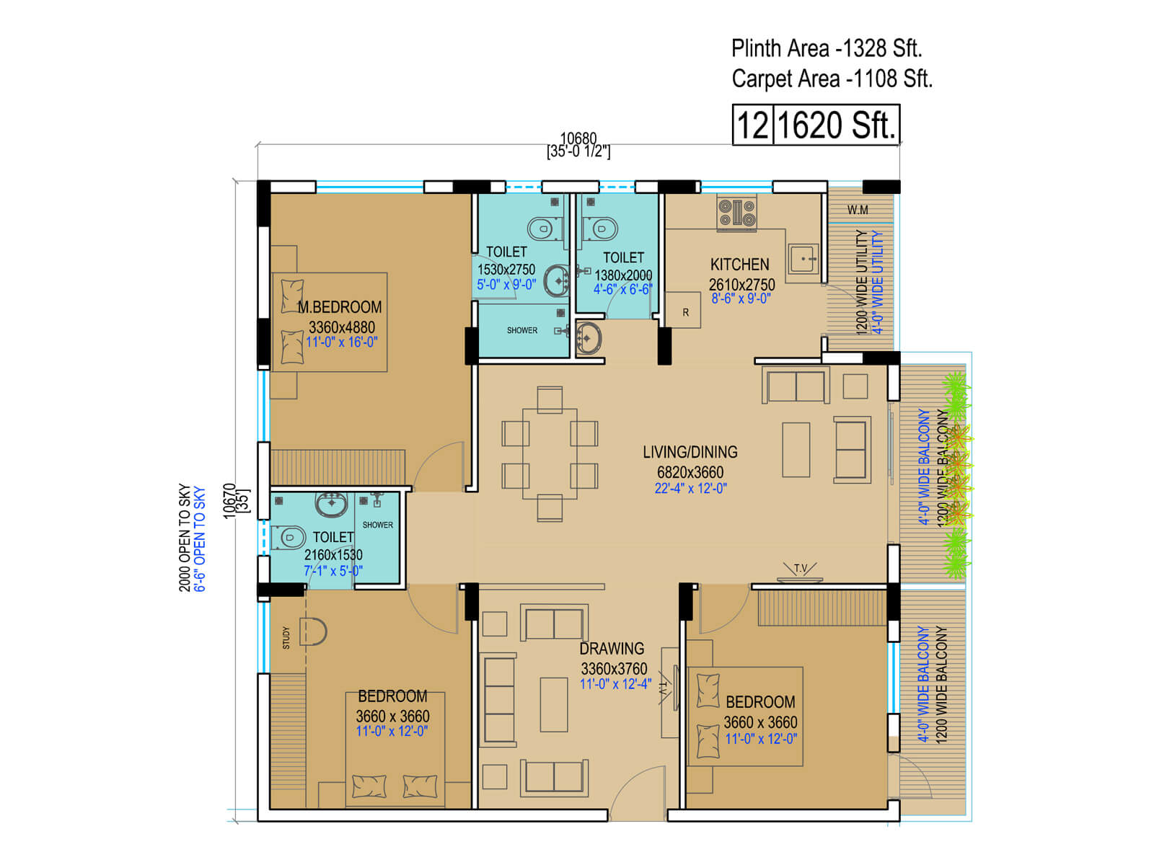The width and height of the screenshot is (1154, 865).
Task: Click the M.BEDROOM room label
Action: [340, 307]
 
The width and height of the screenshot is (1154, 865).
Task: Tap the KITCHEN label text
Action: [739, 265]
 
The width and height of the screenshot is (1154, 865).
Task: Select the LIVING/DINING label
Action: [690, 452]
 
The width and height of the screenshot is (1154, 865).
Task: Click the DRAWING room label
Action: [612, 649]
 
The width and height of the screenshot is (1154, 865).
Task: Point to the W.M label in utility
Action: [858, 210]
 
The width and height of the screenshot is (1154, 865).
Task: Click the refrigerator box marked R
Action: [685, 312]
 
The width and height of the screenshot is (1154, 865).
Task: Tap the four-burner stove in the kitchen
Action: [736, 213]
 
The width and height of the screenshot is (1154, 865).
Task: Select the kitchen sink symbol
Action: [803, 258]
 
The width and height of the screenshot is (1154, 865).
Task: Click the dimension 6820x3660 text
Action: [690, 472]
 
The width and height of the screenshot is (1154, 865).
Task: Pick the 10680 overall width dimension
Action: [578, 138]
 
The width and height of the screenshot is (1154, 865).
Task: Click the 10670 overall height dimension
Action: [229, 500]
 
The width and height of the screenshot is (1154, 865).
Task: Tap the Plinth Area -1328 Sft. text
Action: [827, 49]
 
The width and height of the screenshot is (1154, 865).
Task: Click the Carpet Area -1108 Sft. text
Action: [832, 79]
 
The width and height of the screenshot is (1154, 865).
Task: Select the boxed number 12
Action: [753, 125]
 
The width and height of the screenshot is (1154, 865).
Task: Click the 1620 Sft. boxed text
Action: [836, 125]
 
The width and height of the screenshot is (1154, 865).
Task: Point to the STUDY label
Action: [286, 637]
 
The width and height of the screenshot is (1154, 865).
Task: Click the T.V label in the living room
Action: [801, 569]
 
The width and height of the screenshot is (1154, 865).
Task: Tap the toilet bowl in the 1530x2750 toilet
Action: [540, 229]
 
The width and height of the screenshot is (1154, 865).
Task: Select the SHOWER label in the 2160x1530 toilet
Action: [378, 525]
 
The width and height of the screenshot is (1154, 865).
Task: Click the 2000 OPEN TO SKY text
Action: [185, 537]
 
